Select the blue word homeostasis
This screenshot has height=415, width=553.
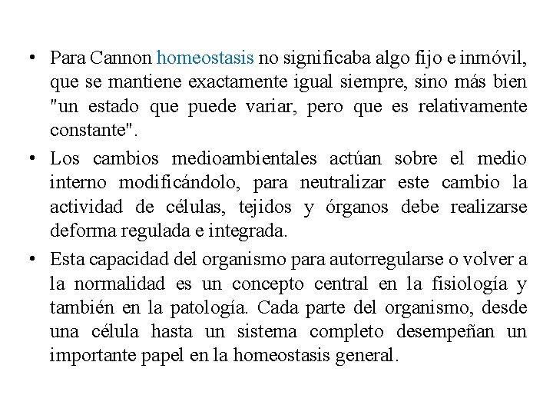pos(204,58)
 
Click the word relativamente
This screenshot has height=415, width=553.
pos(473,106)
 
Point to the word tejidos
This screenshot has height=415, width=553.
pos(266,207)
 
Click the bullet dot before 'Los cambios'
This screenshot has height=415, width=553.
pos(27,159)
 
